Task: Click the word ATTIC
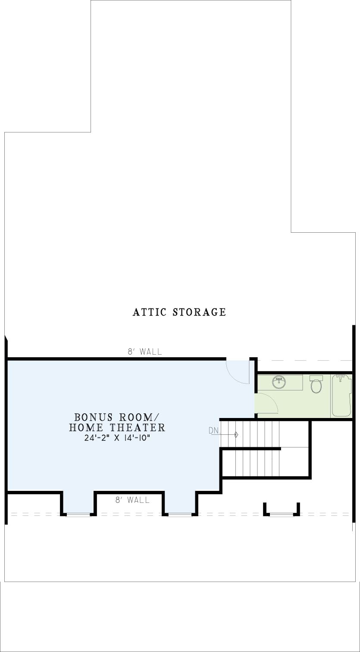[150, 312]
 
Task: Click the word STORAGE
[200, 312]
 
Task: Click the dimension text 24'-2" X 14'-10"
[117, 438]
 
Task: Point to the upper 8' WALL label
[145, 352]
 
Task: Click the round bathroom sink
[279, 382]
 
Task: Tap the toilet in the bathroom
[316, 384]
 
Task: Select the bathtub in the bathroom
[341, 396]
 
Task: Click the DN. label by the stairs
[214, 431]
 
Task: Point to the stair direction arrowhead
[237, 435]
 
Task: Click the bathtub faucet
[341, 378]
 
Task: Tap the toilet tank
[316, 377]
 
